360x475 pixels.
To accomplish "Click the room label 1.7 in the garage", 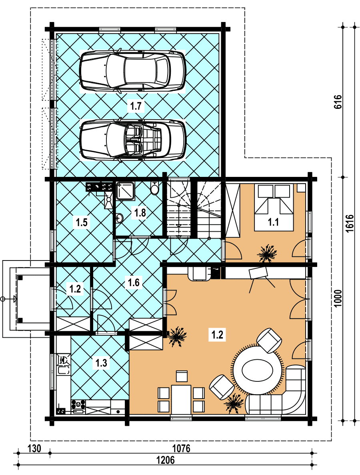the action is pyautogui.click(x=136, y=106).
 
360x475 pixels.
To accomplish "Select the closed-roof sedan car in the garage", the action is pyautogui.click(x=132, y=70).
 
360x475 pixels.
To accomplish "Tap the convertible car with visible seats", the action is pyautogui.click(x=133, y=139).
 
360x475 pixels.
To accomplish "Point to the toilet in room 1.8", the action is pyautogui.click(x=154, y=188).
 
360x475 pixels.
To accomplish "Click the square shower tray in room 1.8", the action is pyautogui.click(x=125, y=191).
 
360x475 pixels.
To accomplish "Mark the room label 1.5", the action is pyautogui.click(x=82, y=222).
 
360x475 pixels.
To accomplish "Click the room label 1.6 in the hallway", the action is pyautogui.click(x=134, y=283).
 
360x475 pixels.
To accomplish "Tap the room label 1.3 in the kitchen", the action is pyautogui.click(x=101, y=363).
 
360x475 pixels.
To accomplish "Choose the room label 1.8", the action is pyautogui.click(x=140, y=212).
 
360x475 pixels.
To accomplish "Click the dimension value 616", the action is pyautogui.click(x=338, y=102).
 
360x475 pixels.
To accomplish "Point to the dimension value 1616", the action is pyautogui.click(x=350, y=224).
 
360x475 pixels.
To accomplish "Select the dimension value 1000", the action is pyautogui.click(x=338, y=298).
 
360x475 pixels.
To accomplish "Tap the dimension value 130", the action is pyautogui.click(x=34, y=448).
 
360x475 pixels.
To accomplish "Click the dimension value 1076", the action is pyautogui.click(x=181, y=448).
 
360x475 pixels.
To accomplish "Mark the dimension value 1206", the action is pyautogui.click(x=166, y=460).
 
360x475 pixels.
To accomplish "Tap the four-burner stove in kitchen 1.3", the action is pyautogui.click(x=78, y=404).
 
